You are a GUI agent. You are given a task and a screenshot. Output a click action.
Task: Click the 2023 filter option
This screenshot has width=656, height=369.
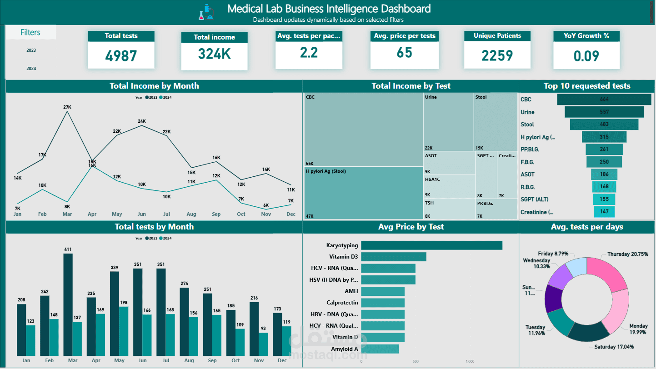pyautogui.click(x=31, y=50)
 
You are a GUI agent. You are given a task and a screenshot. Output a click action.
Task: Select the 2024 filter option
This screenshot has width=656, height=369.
pyautogui.click(x=31, y=69)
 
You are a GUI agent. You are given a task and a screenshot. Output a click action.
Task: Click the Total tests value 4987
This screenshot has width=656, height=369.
pyautogui.click(x=121, y=55)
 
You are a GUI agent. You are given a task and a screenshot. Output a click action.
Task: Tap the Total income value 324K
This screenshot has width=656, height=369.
pyautogui.click(x=214, y=54)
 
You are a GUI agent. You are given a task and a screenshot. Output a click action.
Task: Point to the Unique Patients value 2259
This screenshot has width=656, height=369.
pyautogui.click(x=497, y=55)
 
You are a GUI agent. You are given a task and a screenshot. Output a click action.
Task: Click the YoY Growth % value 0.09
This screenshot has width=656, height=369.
pyautogui.click(x=586, y=56)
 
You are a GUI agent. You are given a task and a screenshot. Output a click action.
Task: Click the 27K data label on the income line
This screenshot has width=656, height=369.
pyautogui.click(x=67, y=107)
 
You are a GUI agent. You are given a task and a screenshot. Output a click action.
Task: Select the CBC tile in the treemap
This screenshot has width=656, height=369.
pyautogui.click(x=364, y=130)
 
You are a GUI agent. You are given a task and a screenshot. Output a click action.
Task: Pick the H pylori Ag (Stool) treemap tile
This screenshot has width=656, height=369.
pyautogui.click(x=364, y=193)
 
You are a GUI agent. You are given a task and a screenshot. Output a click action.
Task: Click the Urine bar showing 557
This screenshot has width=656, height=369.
pyautogui.click(x=604, y=112)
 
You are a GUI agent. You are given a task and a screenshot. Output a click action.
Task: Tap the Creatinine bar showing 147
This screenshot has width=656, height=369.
pyautogui.click(x=604, y=212)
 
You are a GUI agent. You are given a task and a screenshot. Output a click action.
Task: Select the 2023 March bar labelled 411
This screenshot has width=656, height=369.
pyautogui.click(x=68, y=304)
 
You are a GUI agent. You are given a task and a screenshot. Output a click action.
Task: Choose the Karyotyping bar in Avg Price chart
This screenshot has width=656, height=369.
pyautogui.click(x=431, y=245)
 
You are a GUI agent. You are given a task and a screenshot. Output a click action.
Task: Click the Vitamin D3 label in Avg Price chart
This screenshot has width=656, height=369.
pyautogui.click(x=343, y=257)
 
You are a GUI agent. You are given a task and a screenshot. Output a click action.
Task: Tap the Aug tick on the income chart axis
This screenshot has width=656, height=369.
pyautogui.click(x=191, y=214)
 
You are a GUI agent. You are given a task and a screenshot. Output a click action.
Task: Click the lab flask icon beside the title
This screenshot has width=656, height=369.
pyautogui.click(x=206, y=11)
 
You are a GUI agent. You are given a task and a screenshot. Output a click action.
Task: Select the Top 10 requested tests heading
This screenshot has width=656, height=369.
pyautogui.click(x=586, y=86)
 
